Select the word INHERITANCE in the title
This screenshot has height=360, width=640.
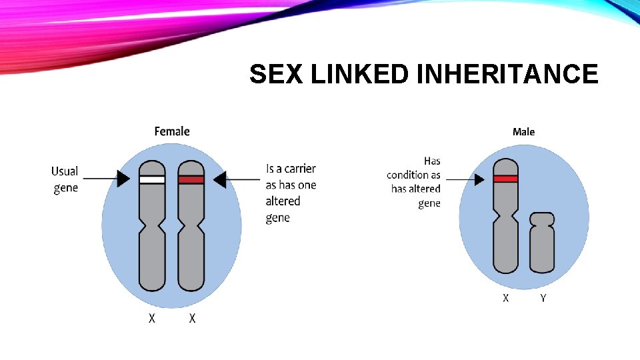pos(507,74)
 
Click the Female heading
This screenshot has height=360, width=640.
pos(172,131)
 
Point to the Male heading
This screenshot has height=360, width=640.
pos(523,132)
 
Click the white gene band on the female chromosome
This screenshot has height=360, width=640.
pos(152,179)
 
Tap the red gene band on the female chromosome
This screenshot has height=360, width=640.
pos(191,179)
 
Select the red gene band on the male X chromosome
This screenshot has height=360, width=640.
pos(505,179)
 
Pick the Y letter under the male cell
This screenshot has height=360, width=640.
pos(543,298)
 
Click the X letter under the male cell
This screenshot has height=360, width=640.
pos(505,298)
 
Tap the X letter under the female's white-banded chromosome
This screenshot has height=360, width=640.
pos(152,319)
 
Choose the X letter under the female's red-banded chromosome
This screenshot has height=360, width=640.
pos(192,319)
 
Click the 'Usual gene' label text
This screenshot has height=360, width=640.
pos(65,179)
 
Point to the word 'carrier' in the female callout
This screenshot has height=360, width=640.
pos(300,169)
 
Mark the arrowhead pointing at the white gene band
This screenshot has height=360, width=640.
pos(124,179)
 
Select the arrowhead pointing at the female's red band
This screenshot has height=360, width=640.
pos(219,179)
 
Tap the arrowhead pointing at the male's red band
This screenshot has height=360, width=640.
pos(478,179)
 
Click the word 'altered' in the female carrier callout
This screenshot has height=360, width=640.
pos(283,201)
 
